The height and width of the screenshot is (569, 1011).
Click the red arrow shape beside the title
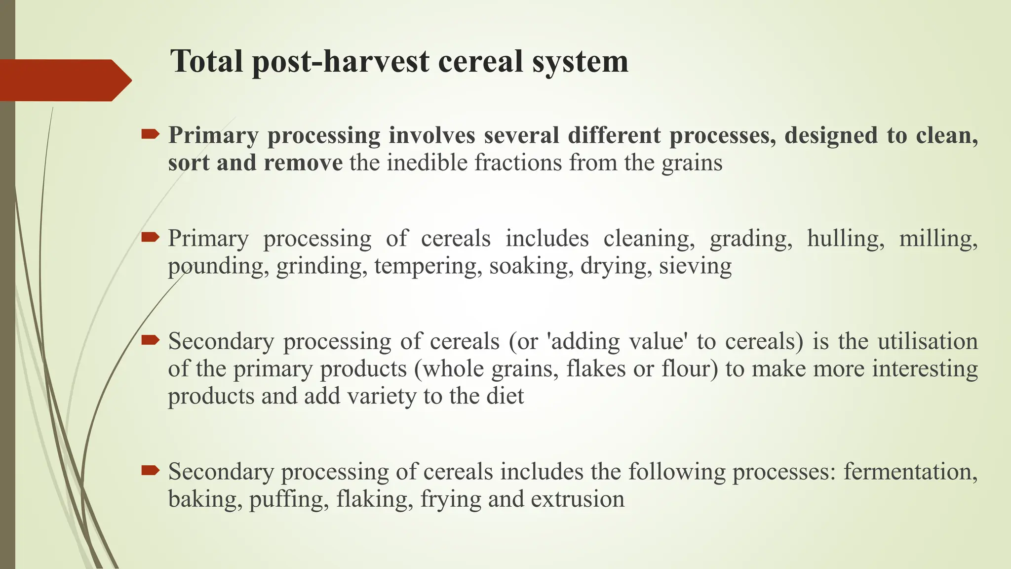(64, 80)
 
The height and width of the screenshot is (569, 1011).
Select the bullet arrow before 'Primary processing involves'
(150, 134)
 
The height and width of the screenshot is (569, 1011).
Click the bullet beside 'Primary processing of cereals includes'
(150, 238)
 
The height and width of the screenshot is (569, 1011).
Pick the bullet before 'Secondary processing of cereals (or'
(150, 340)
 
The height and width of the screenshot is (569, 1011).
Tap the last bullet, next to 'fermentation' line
(150, 470)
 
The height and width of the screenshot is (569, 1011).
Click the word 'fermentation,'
(910, 472)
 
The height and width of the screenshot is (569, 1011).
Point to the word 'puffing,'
(289, 499)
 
